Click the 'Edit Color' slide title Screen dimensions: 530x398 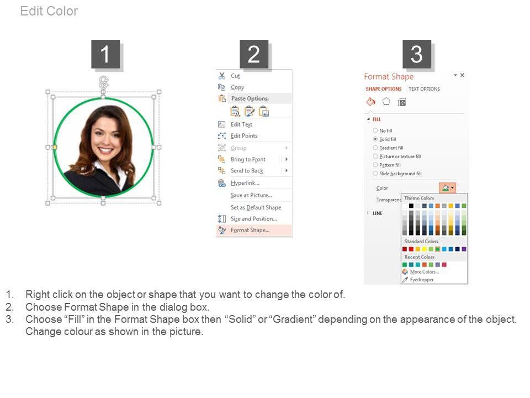(x=49, y=11)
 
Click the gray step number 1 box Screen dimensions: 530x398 (x=105, y=54)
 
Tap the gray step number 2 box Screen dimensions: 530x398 (x=254, y=54)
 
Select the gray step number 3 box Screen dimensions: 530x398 (x=416, y=54)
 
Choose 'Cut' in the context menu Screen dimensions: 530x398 (x=235, y=76)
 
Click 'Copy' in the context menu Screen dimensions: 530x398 (x=237, y=87)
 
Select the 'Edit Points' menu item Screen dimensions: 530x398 (x=244, y=136)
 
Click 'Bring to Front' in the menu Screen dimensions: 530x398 (x=248, y=159)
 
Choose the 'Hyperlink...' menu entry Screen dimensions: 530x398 (x=245, y=183)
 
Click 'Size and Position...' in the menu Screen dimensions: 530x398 (x=254, y=219)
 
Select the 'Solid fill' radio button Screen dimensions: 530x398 (x=375, y=139)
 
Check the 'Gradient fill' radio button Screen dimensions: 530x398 (x=375, y=148)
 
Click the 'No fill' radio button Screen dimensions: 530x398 (x=375, y=130)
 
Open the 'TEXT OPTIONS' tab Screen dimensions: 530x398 (x=424, y=89)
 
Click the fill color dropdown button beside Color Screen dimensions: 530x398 (x=448, y=187)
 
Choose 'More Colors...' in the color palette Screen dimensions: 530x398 (x=424, y=272)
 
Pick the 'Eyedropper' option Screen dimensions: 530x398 (x=421, y=280)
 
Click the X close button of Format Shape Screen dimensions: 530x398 (x=462, y=75)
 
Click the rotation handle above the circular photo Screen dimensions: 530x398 (x=104, y=82)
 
